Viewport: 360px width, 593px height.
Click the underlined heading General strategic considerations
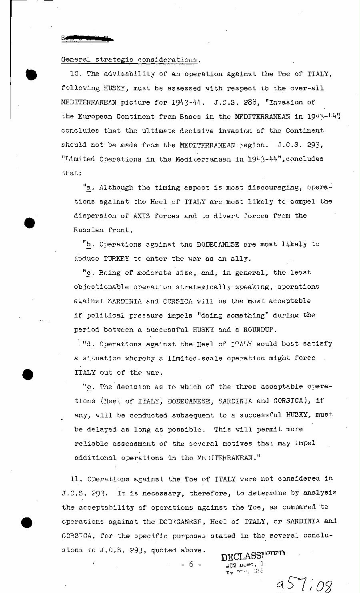pyautogui.click(x=130, y=60)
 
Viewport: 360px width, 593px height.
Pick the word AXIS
pyautogui.click(x=142, y=216)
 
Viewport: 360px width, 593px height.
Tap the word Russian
pyautogui.click(x=88, y=230)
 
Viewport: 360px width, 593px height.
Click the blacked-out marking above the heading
pyautogui.click(x=87, y=38)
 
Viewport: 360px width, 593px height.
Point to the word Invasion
pyautogui.click(x=288, y=102)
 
